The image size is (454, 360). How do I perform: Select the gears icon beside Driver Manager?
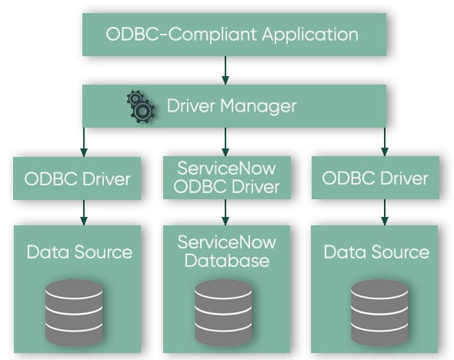pyautogui.click(x=140, y=107)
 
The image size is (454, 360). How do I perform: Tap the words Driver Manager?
pyautogui.click(x=231, y=106)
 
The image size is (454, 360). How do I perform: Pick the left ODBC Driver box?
pyautogui.click(x=77, y=179)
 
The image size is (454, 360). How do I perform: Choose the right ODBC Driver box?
pyautogui.click(x=375, y=179)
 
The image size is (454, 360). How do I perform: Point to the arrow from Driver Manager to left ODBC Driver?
pyautogui.click(x=82, y=141)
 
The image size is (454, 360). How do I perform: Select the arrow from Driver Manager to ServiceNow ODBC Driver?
pyautogui.click(x=225, y=141)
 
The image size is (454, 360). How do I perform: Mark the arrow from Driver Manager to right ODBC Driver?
pyautogui.click(x=383, y=141)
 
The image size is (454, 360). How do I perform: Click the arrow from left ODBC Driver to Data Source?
pyautogui.click(x=82, y=212)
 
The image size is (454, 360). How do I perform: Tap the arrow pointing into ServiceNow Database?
pyautogui.click(x=225, y=212)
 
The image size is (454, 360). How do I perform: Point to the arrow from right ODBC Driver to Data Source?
pyautogui.click(x=383, y=212)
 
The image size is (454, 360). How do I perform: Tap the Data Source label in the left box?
pyautogui.click(x=79, y=252)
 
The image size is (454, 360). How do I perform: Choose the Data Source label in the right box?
pyautogui.click(x=376, y=252)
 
